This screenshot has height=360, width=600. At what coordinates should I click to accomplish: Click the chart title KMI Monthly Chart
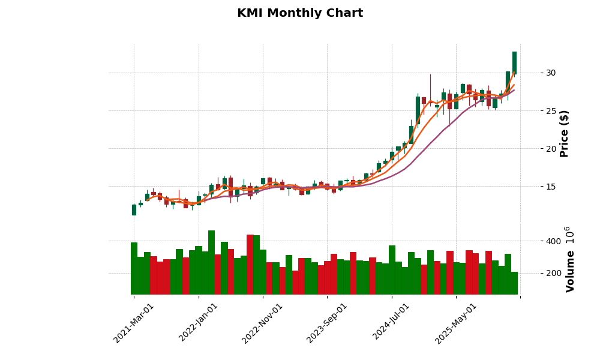coord(300,13)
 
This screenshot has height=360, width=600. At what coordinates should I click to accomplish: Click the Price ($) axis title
coord(564,133)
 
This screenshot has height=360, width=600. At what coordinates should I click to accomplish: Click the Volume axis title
coord(570,259)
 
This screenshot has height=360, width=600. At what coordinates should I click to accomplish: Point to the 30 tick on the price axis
coord(550,73)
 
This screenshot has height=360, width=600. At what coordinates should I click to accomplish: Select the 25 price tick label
coord(550,110)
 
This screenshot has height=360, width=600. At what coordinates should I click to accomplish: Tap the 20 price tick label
coord(550,148)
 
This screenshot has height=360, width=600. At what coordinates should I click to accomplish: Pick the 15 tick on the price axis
coord(550,187)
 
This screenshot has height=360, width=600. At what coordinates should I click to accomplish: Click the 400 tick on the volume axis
coord(553,241)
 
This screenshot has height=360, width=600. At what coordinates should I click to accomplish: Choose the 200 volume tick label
coord(553,273)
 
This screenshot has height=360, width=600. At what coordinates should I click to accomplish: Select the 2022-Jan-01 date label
coord(199,323)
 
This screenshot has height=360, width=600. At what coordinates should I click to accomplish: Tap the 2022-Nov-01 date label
coord(262,323)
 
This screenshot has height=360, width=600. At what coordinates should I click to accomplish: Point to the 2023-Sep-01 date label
coord(327,323)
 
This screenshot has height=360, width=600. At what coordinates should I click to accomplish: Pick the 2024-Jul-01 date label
coord(392,323)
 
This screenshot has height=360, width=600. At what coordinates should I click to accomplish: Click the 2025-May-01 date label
coord(456,323)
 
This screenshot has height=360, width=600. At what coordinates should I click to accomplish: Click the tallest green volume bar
coord(211,263)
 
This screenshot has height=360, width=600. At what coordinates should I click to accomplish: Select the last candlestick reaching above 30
coord(514,62)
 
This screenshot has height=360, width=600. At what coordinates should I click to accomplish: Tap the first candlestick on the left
coord(134,209)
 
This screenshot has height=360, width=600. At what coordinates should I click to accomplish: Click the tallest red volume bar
coord(250,265)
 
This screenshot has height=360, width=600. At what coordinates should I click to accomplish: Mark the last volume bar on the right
coord(514,283)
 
